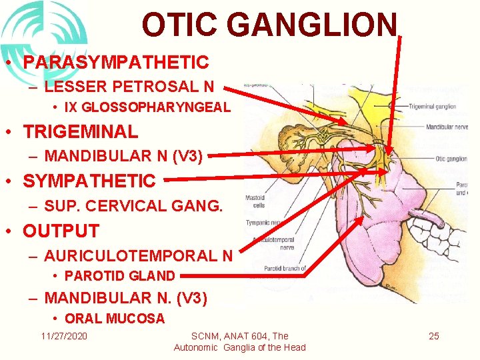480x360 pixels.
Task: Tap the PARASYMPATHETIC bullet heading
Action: pos(116,62)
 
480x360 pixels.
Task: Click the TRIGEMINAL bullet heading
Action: pos(81,131)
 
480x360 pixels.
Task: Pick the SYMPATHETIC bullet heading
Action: pos(89,181)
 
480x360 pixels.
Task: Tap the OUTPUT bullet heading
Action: pos(61,231)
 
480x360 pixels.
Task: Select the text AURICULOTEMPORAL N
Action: pos(137,255)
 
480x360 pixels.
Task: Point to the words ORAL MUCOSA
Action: pos(115,319)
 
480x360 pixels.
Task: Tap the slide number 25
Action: pos(433,335)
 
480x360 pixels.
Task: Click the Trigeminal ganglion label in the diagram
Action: pos(432,106)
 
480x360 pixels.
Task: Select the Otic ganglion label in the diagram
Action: pos(451,159)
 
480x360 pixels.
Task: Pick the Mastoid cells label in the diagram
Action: pos(255,201)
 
